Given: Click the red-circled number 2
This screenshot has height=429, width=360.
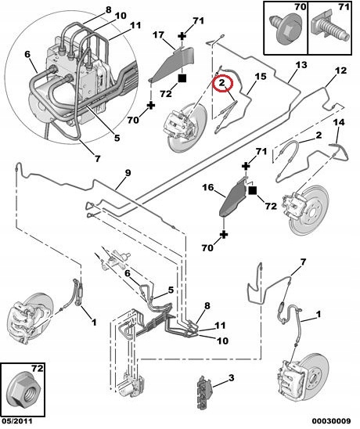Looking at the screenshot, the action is click(x=221, y=83).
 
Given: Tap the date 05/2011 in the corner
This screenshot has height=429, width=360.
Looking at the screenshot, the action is click(x=16, y=421).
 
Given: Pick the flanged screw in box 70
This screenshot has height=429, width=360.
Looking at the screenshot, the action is click(x=285, y=29).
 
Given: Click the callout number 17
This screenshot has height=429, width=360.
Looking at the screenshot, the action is click(x=158, y=35).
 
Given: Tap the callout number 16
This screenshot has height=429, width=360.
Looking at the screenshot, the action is click(x=208, y=188).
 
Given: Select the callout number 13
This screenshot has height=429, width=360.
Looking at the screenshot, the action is click(x=301, y=65).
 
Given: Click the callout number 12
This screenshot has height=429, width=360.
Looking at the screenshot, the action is click(x=340, y=70).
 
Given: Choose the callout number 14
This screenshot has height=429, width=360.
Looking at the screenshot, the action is click(x=339, y=122).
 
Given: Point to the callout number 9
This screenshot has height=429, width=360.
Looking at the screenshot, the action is click(x=128, y=173).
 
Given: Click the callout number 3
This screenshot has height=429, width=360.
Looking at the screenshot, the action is click(x=231, y=378).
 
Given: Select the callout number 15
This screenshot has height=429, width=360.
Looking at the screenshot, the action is click(x=261, y=77).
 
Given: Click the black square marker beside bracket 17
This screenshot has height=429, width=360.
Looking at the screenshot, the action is click(x=182, y=78).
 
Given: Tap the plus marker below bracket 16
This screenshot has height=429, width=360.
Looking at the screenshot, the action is click(x=224, y=235).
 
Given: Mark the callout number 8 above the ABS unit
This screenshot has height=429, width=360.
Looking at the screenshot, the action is click(x=108, y=10).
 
